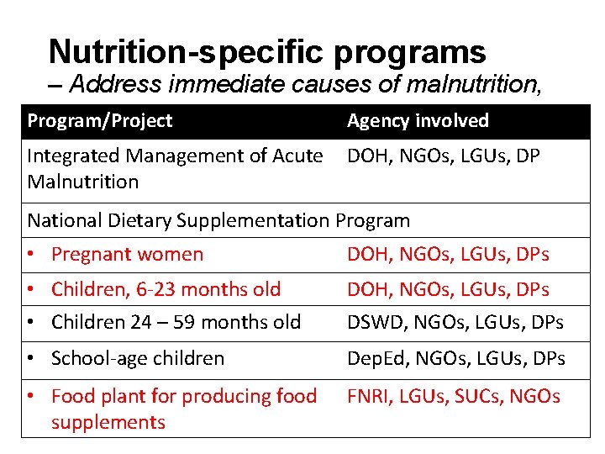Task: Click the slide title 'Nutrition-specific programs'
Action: click(267, 52)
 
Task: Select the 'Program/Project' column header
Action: click(99, 121)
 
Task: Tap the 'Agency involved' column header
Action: click(418, 121)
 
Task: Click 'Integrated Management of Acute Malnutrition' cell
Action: click(175, 168)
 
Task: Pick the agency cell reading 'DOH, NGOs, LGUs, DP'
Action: click(443, 156)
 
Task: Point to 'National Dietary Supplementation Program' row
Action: click(218, 221)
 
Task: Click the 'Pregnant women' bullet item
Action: click(127, 255)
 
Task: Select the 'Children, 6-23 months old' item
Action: click(166, 290)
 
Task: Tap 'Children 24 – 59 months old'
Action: click(176, 322)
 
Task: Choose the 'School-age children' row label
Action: click(138, 359)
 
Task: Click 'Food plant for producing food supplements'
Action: click(183, 409)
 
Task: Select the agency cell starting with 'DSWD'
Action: click(455, 322)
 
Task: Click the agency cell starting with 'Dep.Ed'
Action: click(455, 359)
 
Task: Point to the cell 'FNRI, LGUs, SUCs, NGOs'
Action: click(453, 397)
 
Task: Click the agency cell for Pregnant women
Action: click(448, 255)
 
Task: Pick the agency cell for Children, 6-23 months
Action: click(448, 290)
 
